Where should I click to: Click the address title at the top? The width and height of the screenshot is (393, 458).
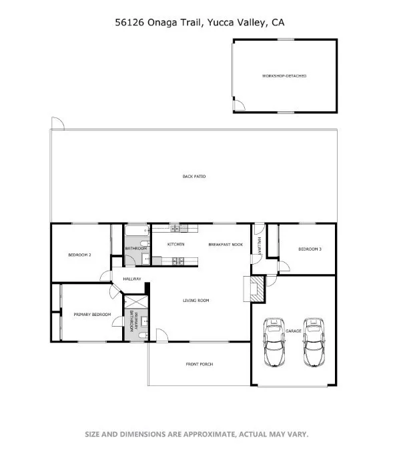coord(196,22)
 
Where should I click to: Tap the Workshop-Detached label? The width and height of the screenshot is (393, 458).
coord(284,76)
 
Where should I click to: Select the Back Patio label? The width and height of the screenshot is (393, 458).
coord(194,177)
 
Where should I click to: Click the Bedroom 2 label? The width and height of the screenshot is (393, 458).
coord(80,255)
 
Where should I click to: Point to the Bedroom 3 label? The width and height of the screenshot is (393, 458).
coord(310,249)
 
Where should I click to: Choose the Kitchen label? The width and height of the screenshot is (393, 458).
coord(175,245)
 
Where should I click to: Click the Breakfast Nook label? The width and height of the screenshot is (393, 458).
coord(225,245)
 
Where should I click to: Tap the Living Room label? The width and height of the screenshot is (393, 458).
coord(196,301)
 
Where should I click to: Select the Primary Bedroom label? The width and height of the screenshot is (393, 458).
coord(92,315)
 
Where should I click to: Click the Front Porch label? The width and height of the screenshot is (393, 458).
coord(199,364)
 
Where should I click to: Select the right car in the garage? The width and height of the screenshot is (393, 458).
coord(312,342)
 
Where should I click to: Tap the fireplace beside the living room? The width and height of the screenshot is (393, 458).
coord(257,288)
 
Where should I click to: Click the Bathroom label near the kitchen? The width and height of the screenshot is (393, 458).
coord(136,249)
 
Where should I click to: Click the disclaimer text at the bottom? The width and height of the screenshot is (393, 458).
coord(196,434)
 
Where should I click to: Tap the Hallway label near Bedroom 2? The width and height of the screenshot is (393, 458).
coord(132,279)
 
